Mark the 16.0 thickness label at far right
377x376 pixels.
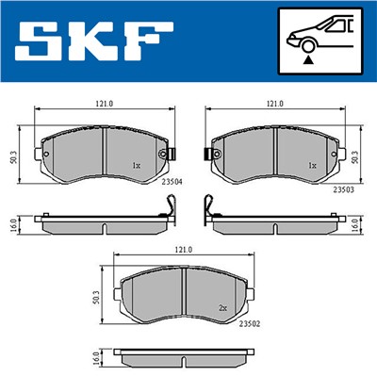click(354, 227)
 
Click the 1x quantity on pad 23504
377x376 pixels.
click(136, 165)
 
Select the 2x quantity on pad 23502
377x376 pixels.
click(222, 307)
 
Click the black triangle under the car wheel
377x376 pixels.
click(309, 58)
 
